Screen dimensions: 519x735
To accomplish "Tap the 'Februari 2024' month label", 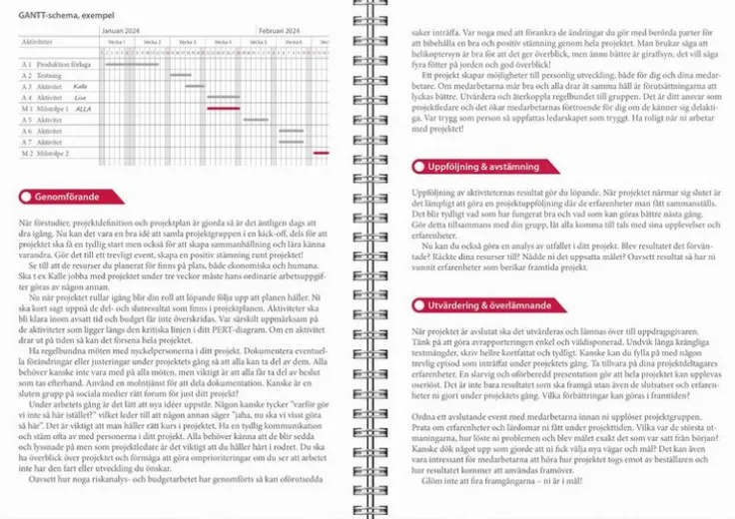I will click(279, 31).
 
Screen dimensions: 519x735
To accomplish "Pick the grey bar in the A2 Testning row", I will click(181, 75).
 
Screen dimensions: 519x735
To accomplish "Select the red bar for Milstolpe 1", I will click(223, 108).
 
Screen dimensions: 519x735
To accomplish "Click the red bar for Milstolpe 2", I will click(321, 153).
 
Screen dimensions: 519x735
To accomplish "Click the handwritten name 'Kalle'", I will click(80, 87).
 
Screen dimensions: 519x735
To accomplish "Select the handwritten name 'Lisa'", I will click(80, 98).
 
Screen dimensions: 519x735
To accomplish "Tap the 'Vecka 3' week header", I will click(186, 42).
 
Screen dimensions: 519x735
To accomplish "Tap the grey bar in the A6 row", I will click(291, 131).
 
